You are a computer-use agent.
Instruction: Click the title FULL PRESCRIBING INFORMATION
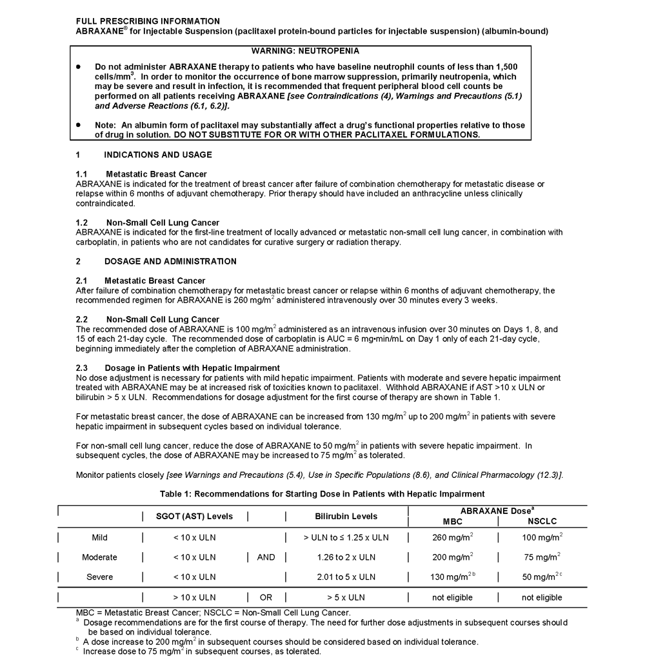pos(148,21)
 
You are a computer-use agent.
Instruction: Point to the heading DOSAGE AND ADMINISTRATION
pos(170,261)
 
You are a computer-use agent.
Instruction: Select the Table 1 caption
pos(322,494)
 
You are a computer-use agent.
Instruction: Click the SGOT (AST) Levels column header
pos(194,516)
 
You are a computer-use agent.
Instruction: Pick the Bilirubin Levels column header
pos(346,516)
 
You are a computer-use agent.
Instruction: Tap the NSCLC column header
pos(542,521)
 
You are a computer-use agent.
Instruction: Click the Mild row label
pos(99,537)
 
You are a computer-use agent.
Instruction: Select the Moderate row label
pos(99,557)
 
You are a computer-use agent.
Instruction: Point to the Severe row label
pos(99,577)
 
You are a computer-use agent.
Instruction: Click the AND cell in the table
pos(266,557)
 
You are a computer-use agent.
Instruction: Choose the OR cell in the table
pos(266,597)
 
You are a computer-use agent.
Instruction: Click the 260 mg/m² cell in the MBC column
pos(452,537)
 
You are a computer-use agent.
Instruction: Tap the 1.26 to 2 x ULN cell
pos(346,557)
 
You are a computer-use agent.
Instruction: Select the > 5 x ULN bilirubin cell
pos(346,597)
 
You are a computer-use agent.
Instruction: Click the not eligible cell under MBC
pos(452,597)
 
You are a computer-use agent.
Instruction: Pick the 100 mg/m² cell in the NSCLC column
pos(542,537)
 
